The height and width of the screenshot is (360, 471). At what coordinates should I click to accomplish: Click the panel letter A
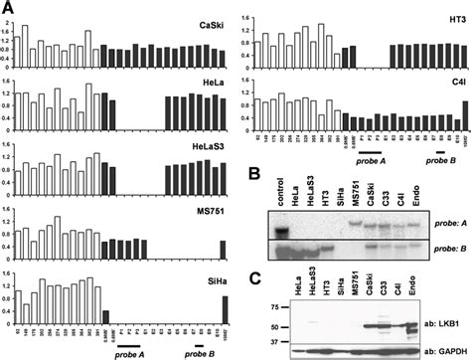8,8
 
